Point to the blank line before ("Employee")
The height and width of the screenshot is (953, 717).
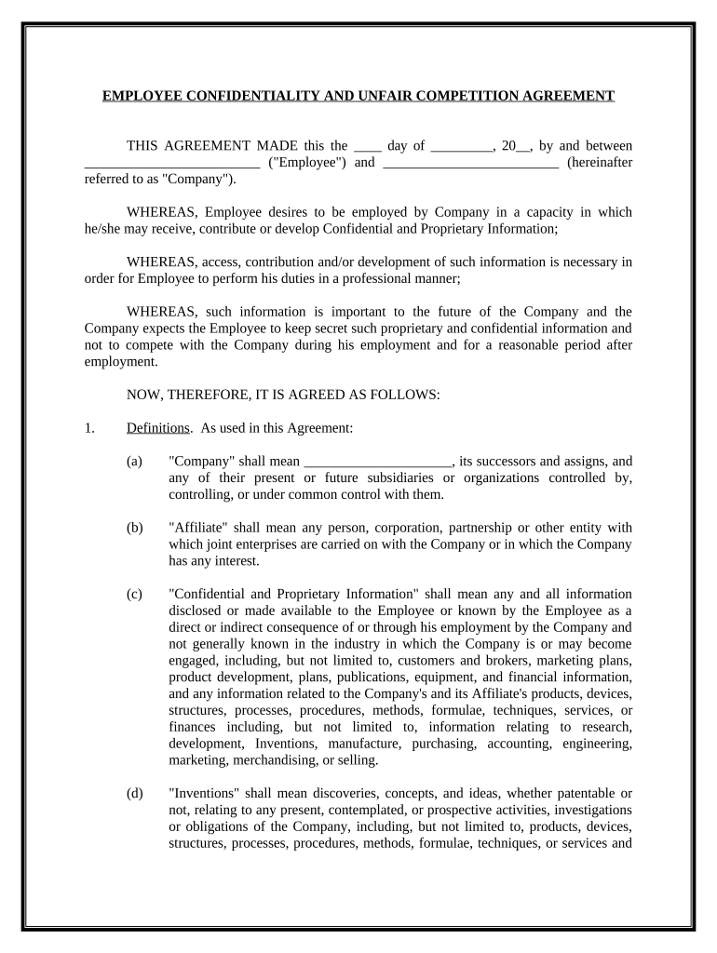coord(171,163)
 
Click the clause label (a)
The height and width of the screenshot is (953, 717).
coord(135,461)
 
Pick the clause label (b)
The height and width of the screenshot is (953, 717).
coord(135,528)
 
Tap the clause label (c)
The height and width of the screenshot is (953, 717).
coord(135,594)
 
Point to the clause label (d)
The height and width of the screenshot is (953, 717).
coord(135,793)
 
